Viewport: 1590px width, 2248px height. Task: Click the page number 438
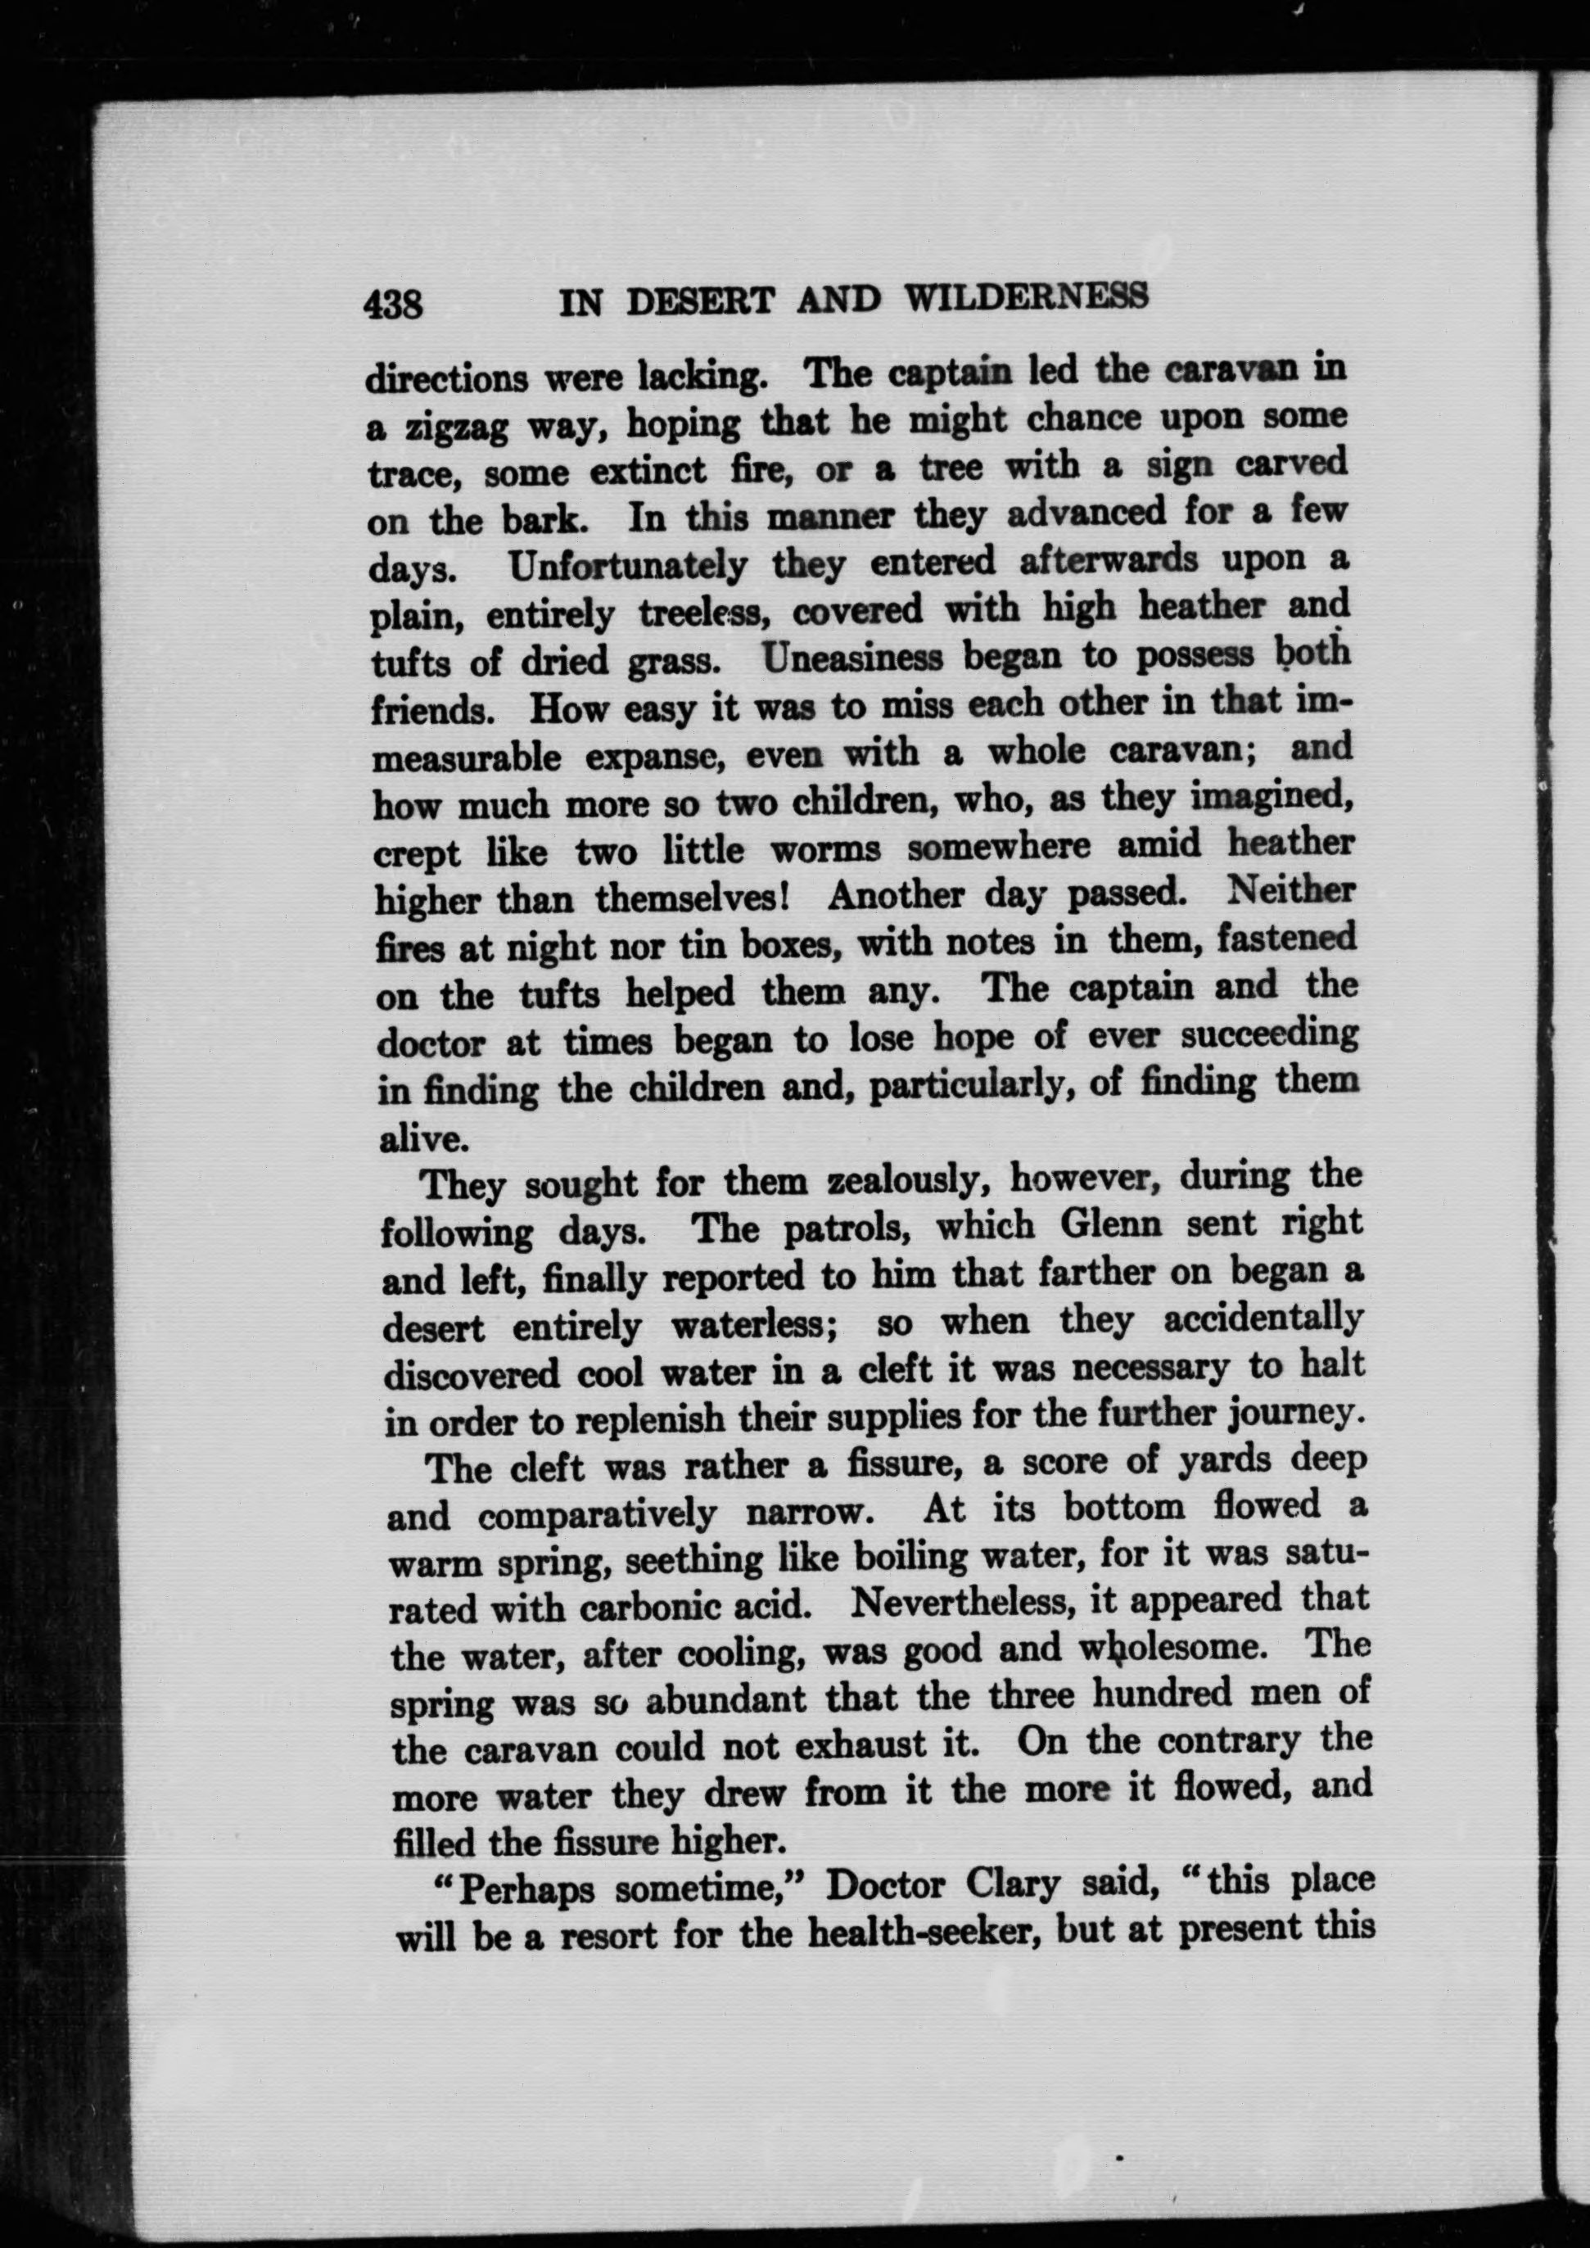tap(393, 304)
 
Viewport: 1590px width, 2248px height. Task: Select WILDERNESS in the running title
tap(1025, 296)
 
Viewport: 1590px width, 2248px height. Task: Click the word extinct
tap(647, 472)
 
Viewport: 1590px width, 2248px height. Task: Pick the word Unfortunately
tap(628, 566)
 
